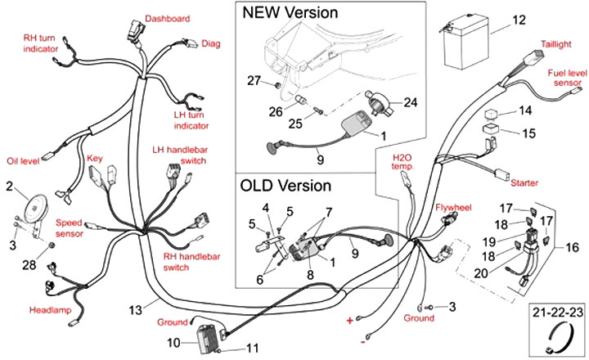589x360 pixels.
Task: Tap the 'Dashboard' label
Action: [x=168, y=18]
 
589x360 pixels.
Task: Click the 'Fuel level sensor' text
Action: [x=564, y=78]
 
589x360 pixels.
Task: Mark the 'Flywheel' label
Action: [x=454, y=208]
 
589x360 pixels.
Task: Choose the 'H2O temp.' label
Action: [x=404, y=161]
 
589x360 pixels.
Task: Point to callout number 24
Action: [x=411, y=102]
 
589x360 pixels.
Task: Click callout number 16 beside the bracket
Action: [x=572, y=245]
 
